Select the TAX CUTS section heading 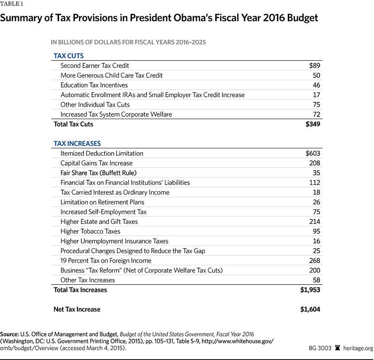click(68, 56)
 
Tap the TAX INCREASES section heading click(77, 144)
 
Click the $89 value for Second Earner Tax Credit click(314, 66)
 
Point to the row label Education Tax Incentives click(94, 85)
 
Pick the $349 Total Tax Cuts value click(313, 124)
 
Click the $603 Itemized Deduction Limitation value click(313, 154)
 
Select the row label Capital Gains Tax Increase click(96, 163)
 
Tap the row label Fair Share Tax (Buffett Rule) click(98, 173)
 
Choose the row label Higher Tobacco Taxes click(91, 231)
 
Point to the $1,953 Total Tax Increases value click(310, 290)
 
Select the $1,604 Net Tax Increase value click(310, 309)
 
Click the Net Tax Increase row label click(77, 309)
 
